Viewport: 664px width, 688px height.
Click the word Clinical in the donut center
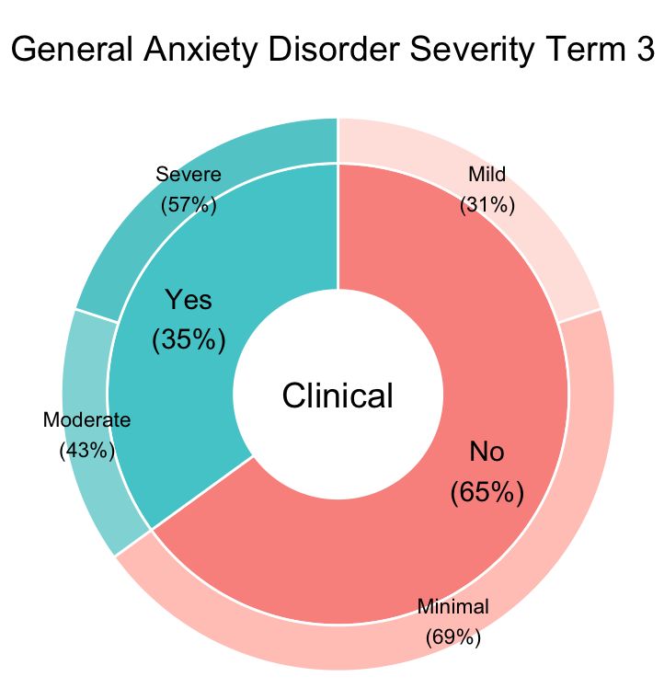pos(338,396)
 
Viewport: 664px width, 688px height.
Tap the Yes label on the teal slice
pos(188,300)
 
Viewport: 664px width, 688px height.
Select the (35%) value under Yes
pos(188,338)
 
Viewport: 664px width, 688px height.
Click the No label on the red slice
pos(487,452)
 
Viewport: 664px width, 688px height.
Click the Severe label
pos(189,174)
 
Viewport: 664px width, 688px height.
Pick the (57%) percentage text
pos(189,204)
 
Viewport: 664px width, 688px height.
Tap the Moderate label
pos(87,420)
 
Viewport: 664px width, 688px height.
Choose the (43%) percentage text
pos(86,451)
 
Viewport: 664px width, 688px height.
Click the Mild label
pos(487,174)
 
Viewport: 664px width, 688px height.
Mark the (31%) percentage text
pos(487,204)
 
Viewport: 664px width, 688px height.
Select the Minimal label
pos(453,606)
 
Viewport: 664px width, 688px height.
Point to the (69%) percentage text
pos(453,636)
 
